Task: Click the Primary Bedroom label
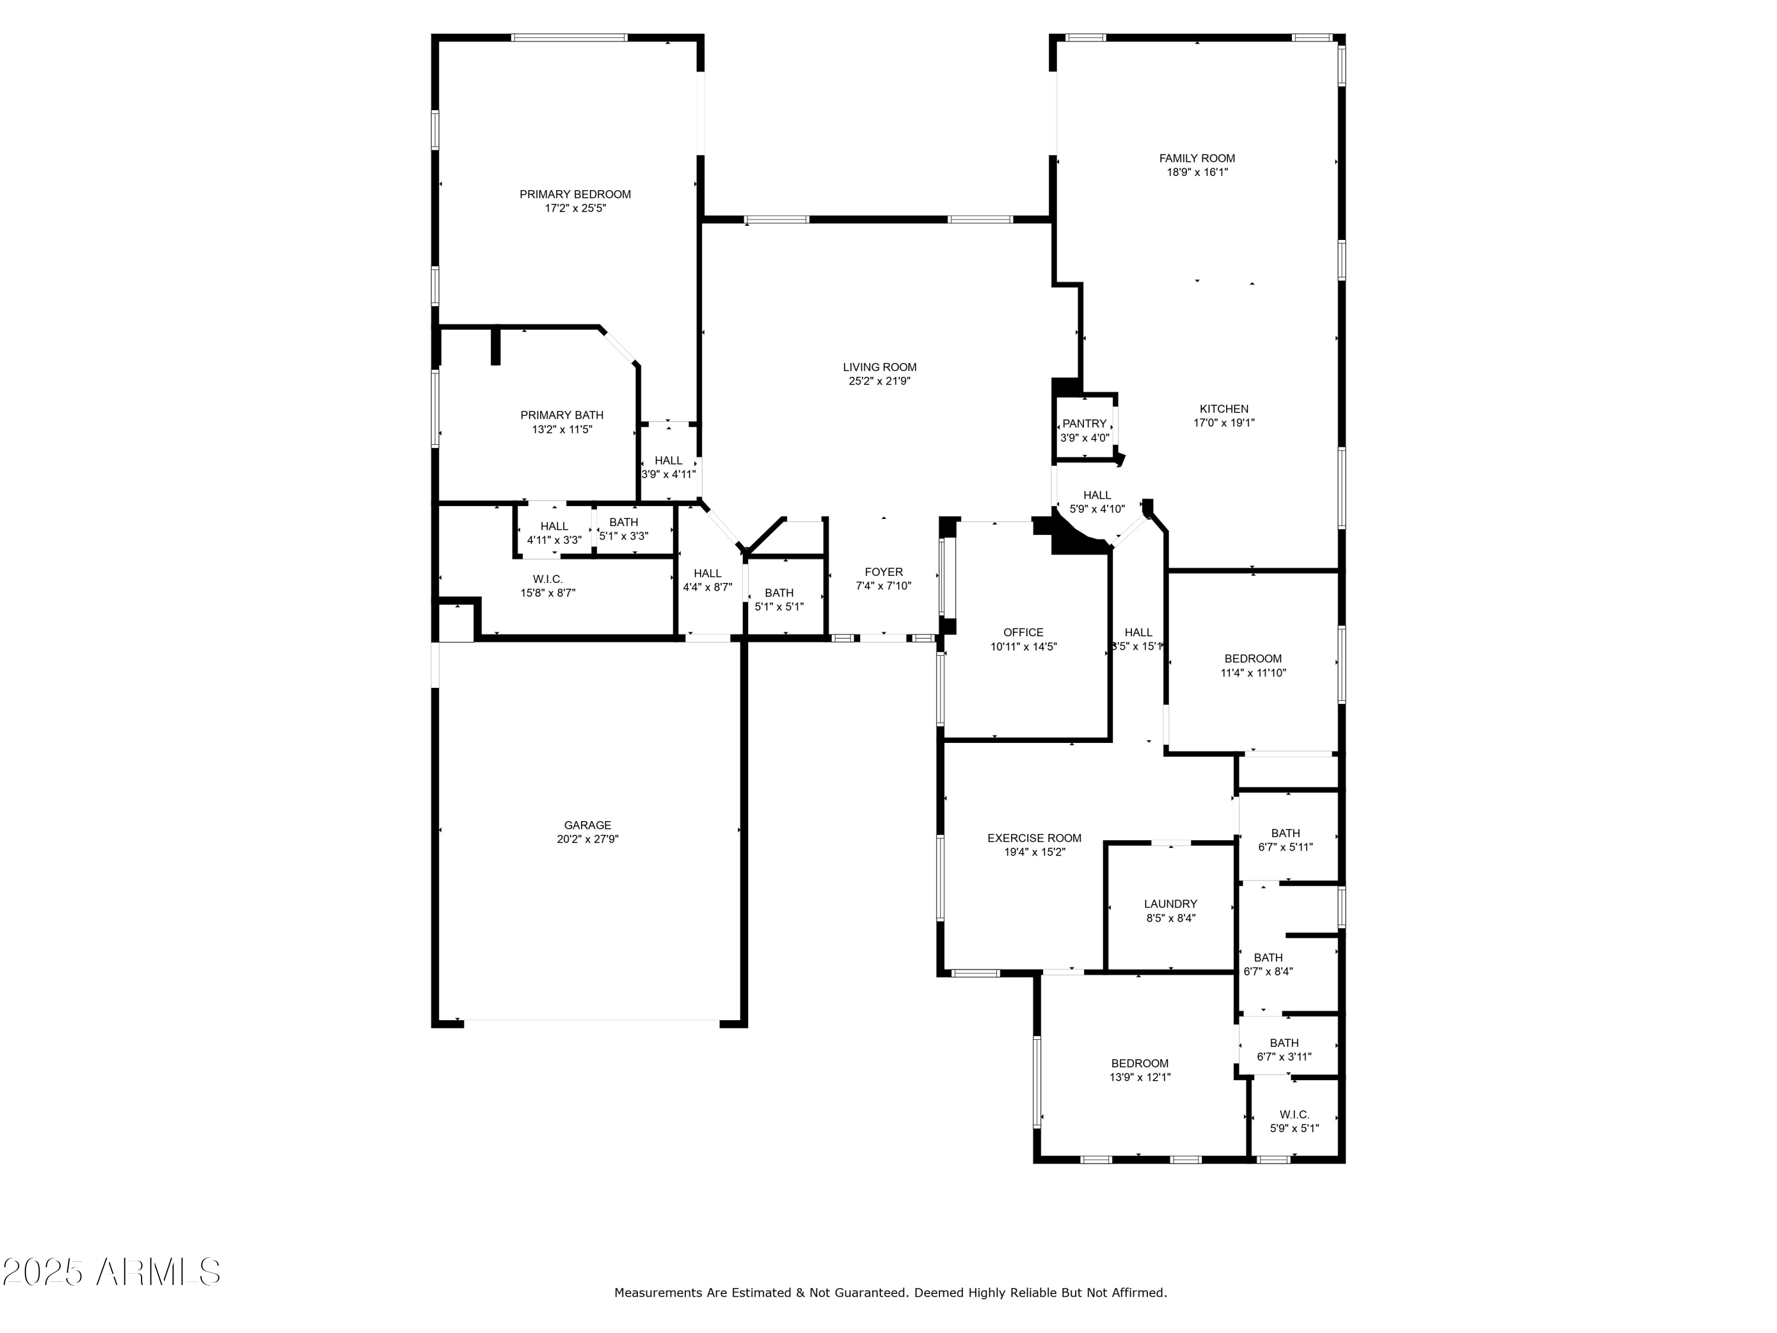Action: (575, 194)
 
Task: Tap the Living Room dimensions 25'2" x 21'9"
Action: (879, 381)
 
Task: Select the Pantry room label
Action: (1084, 424)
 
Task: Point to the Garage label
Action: (587, 825)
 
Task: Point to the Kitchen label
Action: (1224, 408)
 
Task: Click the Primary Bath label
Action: (562, 415)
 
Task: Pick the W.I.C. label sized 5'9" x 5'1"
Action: (1294, 1114)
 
